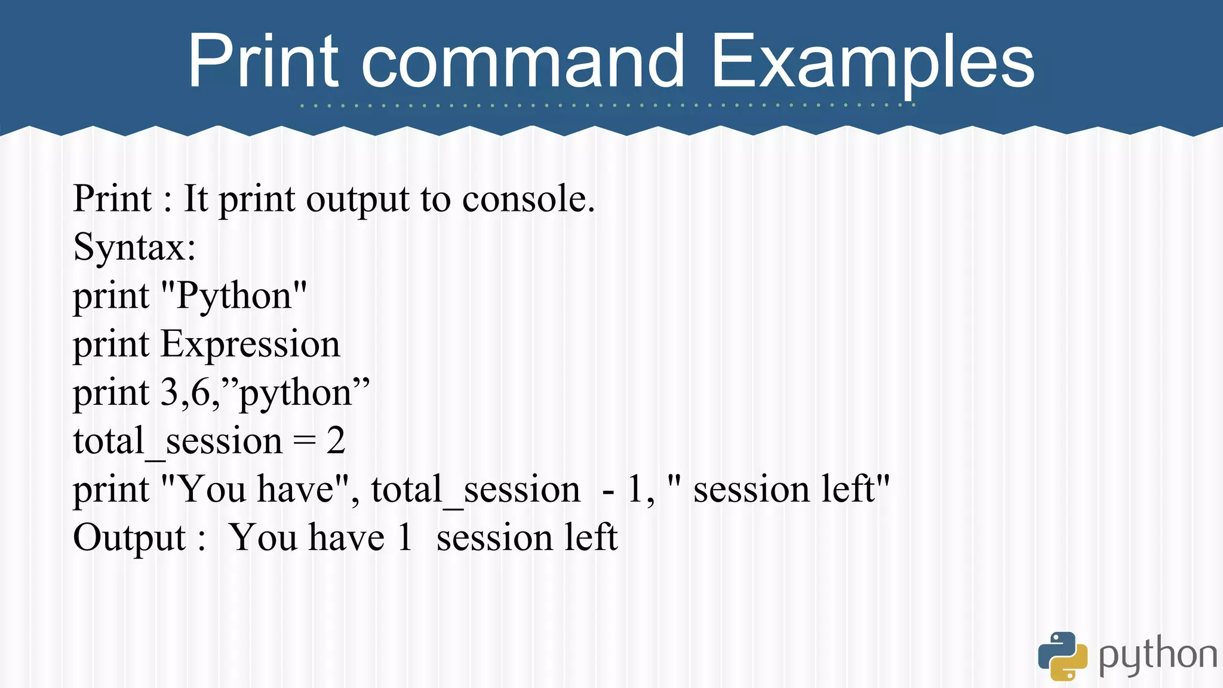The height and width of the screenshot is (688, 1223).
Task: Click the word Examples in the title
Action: [872, 62]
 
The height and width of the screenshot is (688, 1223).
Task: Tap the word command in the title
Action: [523, 62]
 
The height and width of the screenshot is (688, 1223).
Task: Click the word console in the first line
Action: [528, 199]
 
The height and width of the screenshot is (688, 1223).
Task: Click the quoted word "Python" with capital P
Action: [234, 296]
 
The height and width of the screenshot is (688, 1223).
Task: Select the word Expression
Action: [250, 344]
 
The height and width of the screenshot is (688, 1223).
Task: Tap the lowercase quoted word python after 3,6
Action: [295, 394]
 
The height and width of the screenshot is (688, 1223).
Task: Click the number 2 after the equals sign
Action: [336, 441]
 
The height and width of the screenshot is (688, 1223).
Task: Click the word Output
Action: [130, 537]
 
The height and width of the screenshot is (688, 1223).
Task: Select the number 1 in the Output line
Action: [405, 537]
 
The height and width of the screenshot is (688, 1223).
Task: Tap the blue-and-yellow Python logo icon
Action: [1062, 656]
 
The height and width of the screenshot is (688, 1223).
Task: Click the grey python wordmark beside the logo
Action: [1157, 656]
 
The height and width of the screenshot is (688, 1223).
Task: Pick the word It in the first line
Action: [195, 199]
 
